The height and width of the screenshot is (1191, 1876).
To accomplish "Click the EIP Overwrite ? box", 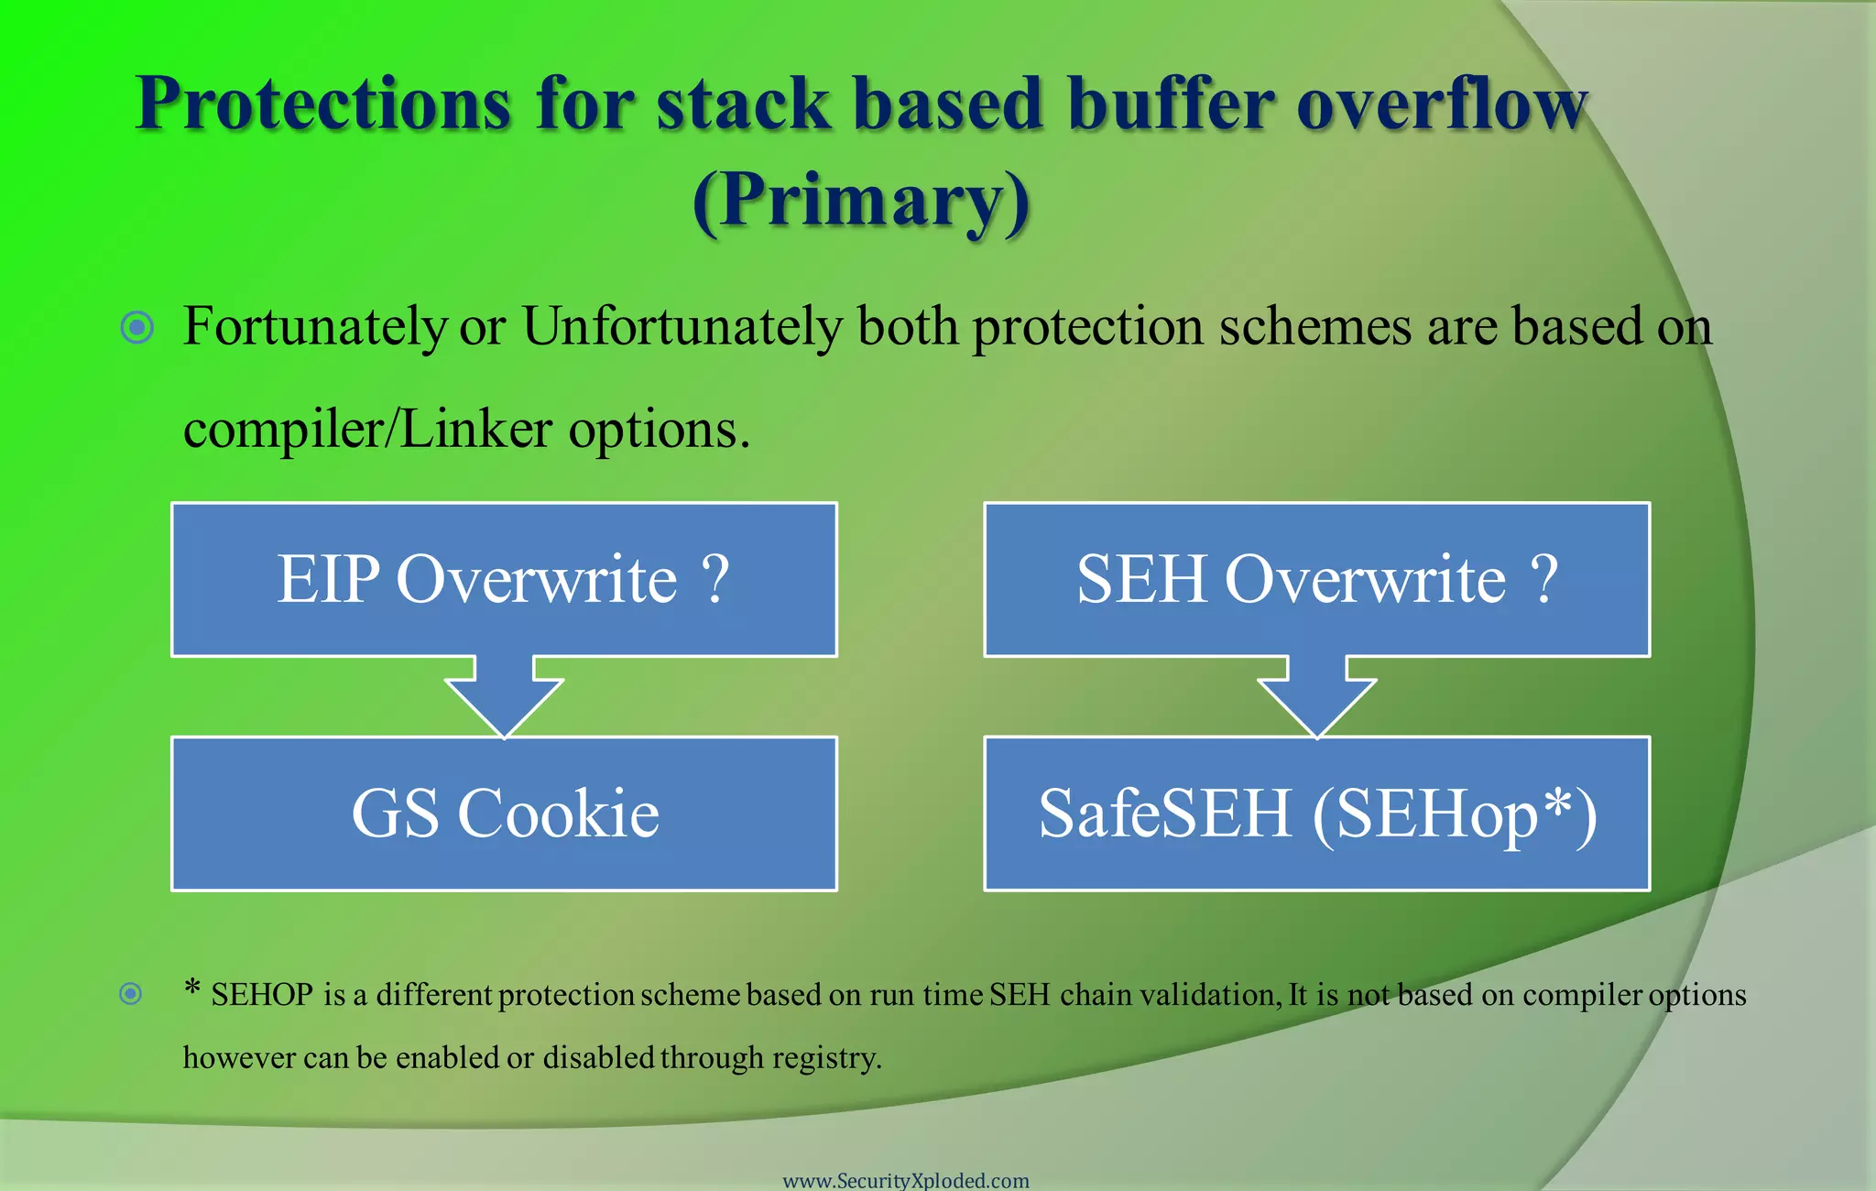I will pyautogui.click(x=504, y=579).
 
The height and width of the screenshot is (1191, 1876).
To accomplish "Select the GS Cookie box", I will pyautogui.click(x=504, y=814).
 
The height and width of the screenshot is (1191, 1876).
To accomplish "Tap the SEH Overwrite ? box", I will pyautogui.click(x=1316, y=579).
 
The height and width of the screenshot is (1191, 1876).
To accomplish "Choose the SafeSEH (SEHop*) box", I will pyautogui.click(x=1316, y=814).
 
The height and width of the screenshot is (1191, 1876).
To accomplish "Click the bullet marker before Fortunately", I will pyautogui.click(x=137, y=327).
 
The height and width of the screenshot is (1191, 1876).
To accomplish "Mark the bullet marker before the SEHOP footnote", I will pyautogui.click(x=131, y=993).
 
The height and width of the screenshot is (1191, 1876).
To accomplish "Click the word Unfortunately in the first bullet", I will pyautogui.click(x=682, y=327).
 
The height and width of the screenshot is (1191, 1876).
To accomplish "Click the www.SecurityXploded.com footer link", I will pyautogui.click(x=906, y=1180).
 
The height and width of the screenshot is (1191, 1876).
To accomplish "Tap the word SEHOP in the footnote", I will pyautogui.click(x=262, y=995).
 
